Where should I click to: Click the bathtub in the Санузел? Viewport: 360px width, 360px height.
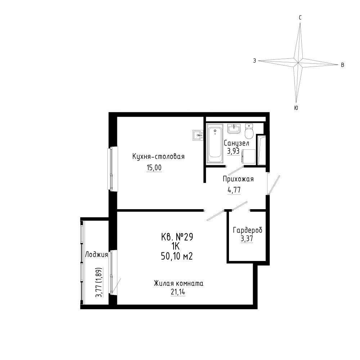(215, 144)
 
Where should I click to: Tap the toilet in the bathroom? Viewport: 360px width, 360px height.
(249, 131)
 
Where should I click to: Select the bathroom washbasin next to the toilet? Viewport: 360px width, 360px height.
(234, 129)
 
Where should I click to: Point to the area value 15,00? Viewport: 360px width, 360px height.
(154, 168)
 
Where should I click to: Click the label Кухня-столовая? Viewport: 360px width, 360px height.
(158, 157)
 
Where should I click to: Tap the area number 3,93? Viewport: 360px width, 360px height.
(233, 151)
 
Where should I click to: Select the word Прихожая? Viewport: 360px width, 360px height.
(238, 179)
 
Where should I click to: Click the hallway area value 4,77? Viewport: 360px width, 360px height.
(234, 190)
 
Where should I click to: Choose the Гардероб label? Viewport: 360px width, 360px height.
(248, 230)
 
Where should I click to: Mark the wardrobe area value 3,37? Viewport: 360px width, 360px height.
(247, 239)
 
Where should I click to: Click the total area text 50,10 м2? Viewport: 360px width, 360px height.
(177, 256)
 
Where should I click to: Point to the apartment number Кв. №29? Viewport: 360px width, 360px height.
(177, 237)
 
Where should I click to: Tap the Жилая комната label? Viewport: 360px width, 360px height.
(179, 284)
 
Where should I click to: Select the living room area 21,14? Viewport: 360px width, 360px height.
(178, 292)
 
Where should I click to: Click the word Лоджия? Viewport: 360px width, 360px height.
(96, 255)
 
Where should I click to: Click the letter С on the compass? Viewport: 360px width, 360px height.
(300, 18)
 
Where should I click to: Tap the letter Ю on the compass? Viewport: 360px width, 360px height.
(296, 108)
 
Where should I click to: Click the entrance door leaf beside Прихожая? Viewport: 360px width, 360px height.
(274, 185)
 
